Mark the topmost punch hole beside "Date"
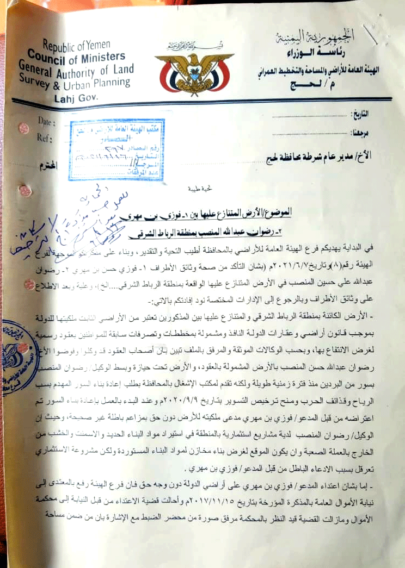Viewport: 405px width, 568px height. click(24, 128)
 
